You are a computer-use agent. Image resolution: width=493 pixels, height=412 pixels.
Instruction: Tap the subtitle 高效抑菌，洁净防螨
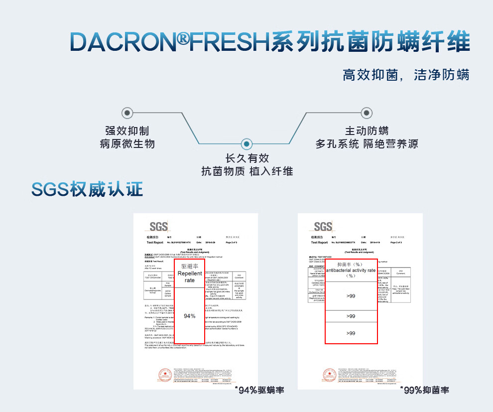tap(406, 76)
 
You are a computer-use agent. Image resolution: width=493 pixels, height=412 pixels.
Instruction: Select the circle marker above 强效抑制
tap(127, 113)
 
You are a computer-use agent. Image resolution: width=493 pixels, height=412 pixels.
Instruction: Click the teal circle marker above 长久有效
tap(246, 144)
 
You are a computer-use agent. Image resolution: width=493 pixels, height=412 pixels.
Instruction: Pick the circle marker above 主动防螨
tap(367, 113)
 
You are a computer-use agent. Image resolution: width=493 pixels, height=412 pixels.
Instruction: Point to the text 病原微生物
tap(127, 144)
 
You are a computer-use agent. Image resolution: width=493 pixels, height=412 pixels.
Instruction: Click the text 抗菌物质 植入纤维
tap(247, 171)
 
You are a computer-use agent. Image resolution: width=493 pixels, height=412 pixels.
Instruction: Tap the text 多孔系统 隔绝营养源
tap(367, 144)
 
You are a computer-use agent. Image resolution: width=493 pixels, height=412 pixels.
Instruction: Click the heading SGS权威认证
tap(87, 189)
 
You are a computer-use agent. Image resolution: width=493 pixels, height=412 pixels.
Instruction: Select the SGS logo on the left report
tap(158, 227)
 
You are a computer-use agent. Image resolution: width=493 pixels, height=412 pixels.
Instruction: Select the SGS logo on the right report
tap(323, 227)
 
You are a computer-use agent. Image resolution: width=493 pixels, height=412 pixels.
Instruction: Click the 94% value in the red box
tap(190, 316)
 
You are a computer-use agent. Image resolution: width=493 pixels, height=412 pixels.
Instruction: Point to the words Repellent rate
tap(190, 277)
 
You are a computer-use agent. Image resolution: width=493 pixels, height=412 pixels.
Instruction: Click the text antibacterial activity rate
tap(351, 270)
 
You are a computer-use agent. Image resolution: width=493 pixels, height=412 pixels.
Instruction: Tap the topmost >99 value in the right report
tap(351, 296)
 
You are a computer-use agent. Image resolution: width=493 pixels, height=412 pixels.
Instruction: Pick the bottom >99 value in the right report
tap(351, 333)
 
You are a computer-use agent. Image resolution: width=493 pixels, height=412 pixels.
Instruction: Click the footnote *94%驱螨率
tap(259, 390)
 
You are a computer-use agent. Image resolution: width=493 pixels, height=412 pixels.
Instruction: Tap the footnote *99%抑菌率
tap(424, 390)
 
